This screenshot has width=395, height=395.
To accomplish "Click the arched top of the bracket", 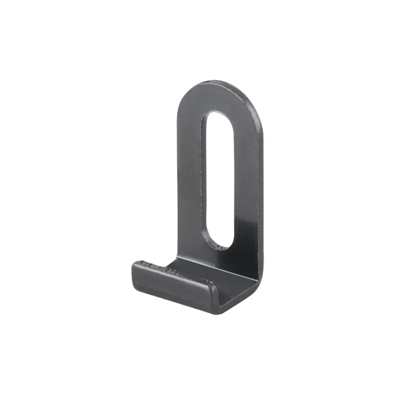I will [x=217, y=85].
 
